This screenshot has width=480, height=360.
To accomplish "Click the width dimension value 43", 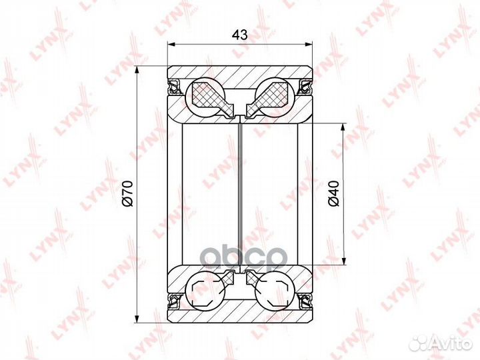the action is coord(240,35).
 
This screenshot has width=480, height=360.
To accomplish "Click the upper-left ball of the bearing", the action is coord(205,96).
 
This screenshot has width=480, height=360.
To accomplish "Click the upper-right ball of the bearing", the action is coord(275,96).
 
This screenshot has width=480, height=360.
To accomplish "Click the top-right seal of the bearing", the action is coord(305,86).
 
